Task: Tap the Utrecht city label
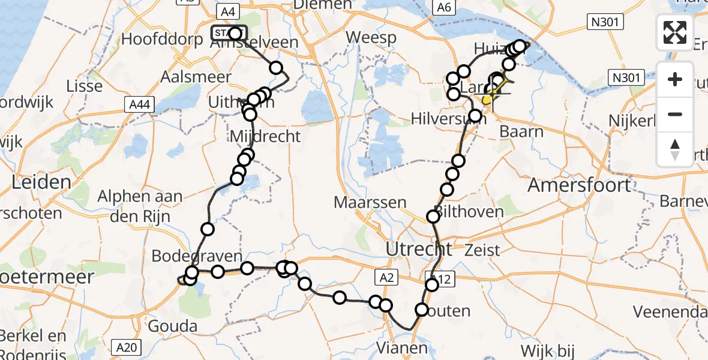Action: click(x=419, y=248)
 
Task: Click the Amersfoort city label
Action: click(x=579, y=185)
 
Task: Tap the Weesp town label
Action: click(x=371, y=37)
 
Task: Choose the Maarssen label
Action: click(x=370, y=202)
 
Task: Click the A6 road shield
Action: click(x=443, y=7)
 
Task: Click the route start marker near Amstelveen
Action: click(x=229, y=33)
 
